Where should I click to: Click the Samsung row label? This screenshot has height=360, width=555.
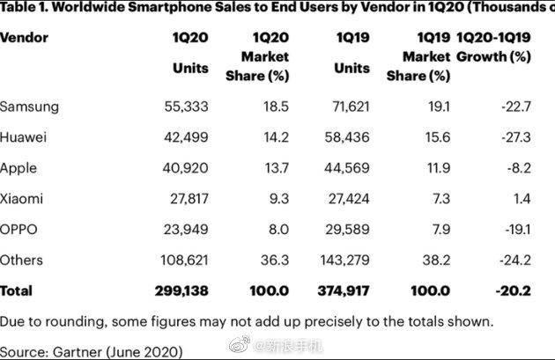tap(29, 107)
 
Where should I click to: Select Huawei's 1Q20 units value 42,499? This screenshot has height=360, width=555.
tap(186, 137)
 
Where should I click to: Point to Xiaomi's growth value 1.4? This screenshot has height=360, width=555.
tap(522, 199)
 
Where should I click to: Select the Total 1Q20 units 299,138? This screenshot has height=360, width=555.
tap(182, 290)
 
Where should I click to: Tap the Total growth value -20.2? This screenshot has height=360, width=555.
tap(516, 290)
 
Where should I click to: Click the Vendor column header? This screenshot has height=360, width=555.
tap(24, 38)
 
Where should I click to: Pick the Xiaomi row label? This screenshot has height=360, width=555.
tap(23, 199)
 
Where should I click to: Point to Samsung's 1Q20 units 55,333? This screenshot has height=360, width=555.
tap(186, 107)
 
